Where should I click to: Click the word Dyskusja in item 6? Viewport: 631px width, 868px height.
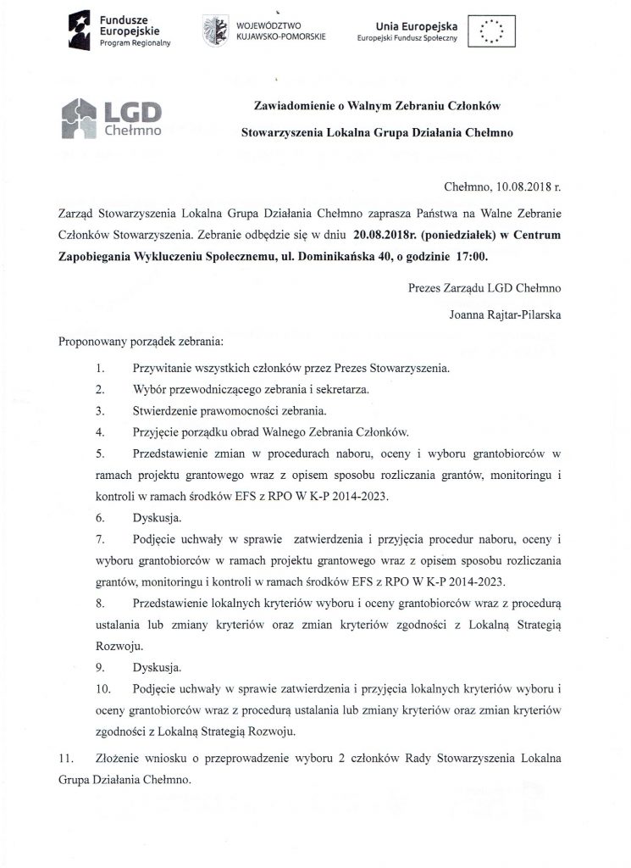pyautogui.click(x=157, y=516)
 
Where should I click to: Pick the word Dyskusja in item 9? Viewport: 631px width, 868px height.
pyautogui.click(x=157, y=666)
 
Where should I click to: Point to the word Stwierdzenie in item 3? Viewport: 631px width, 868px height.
pyautogui.click(x=169, y=411)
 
